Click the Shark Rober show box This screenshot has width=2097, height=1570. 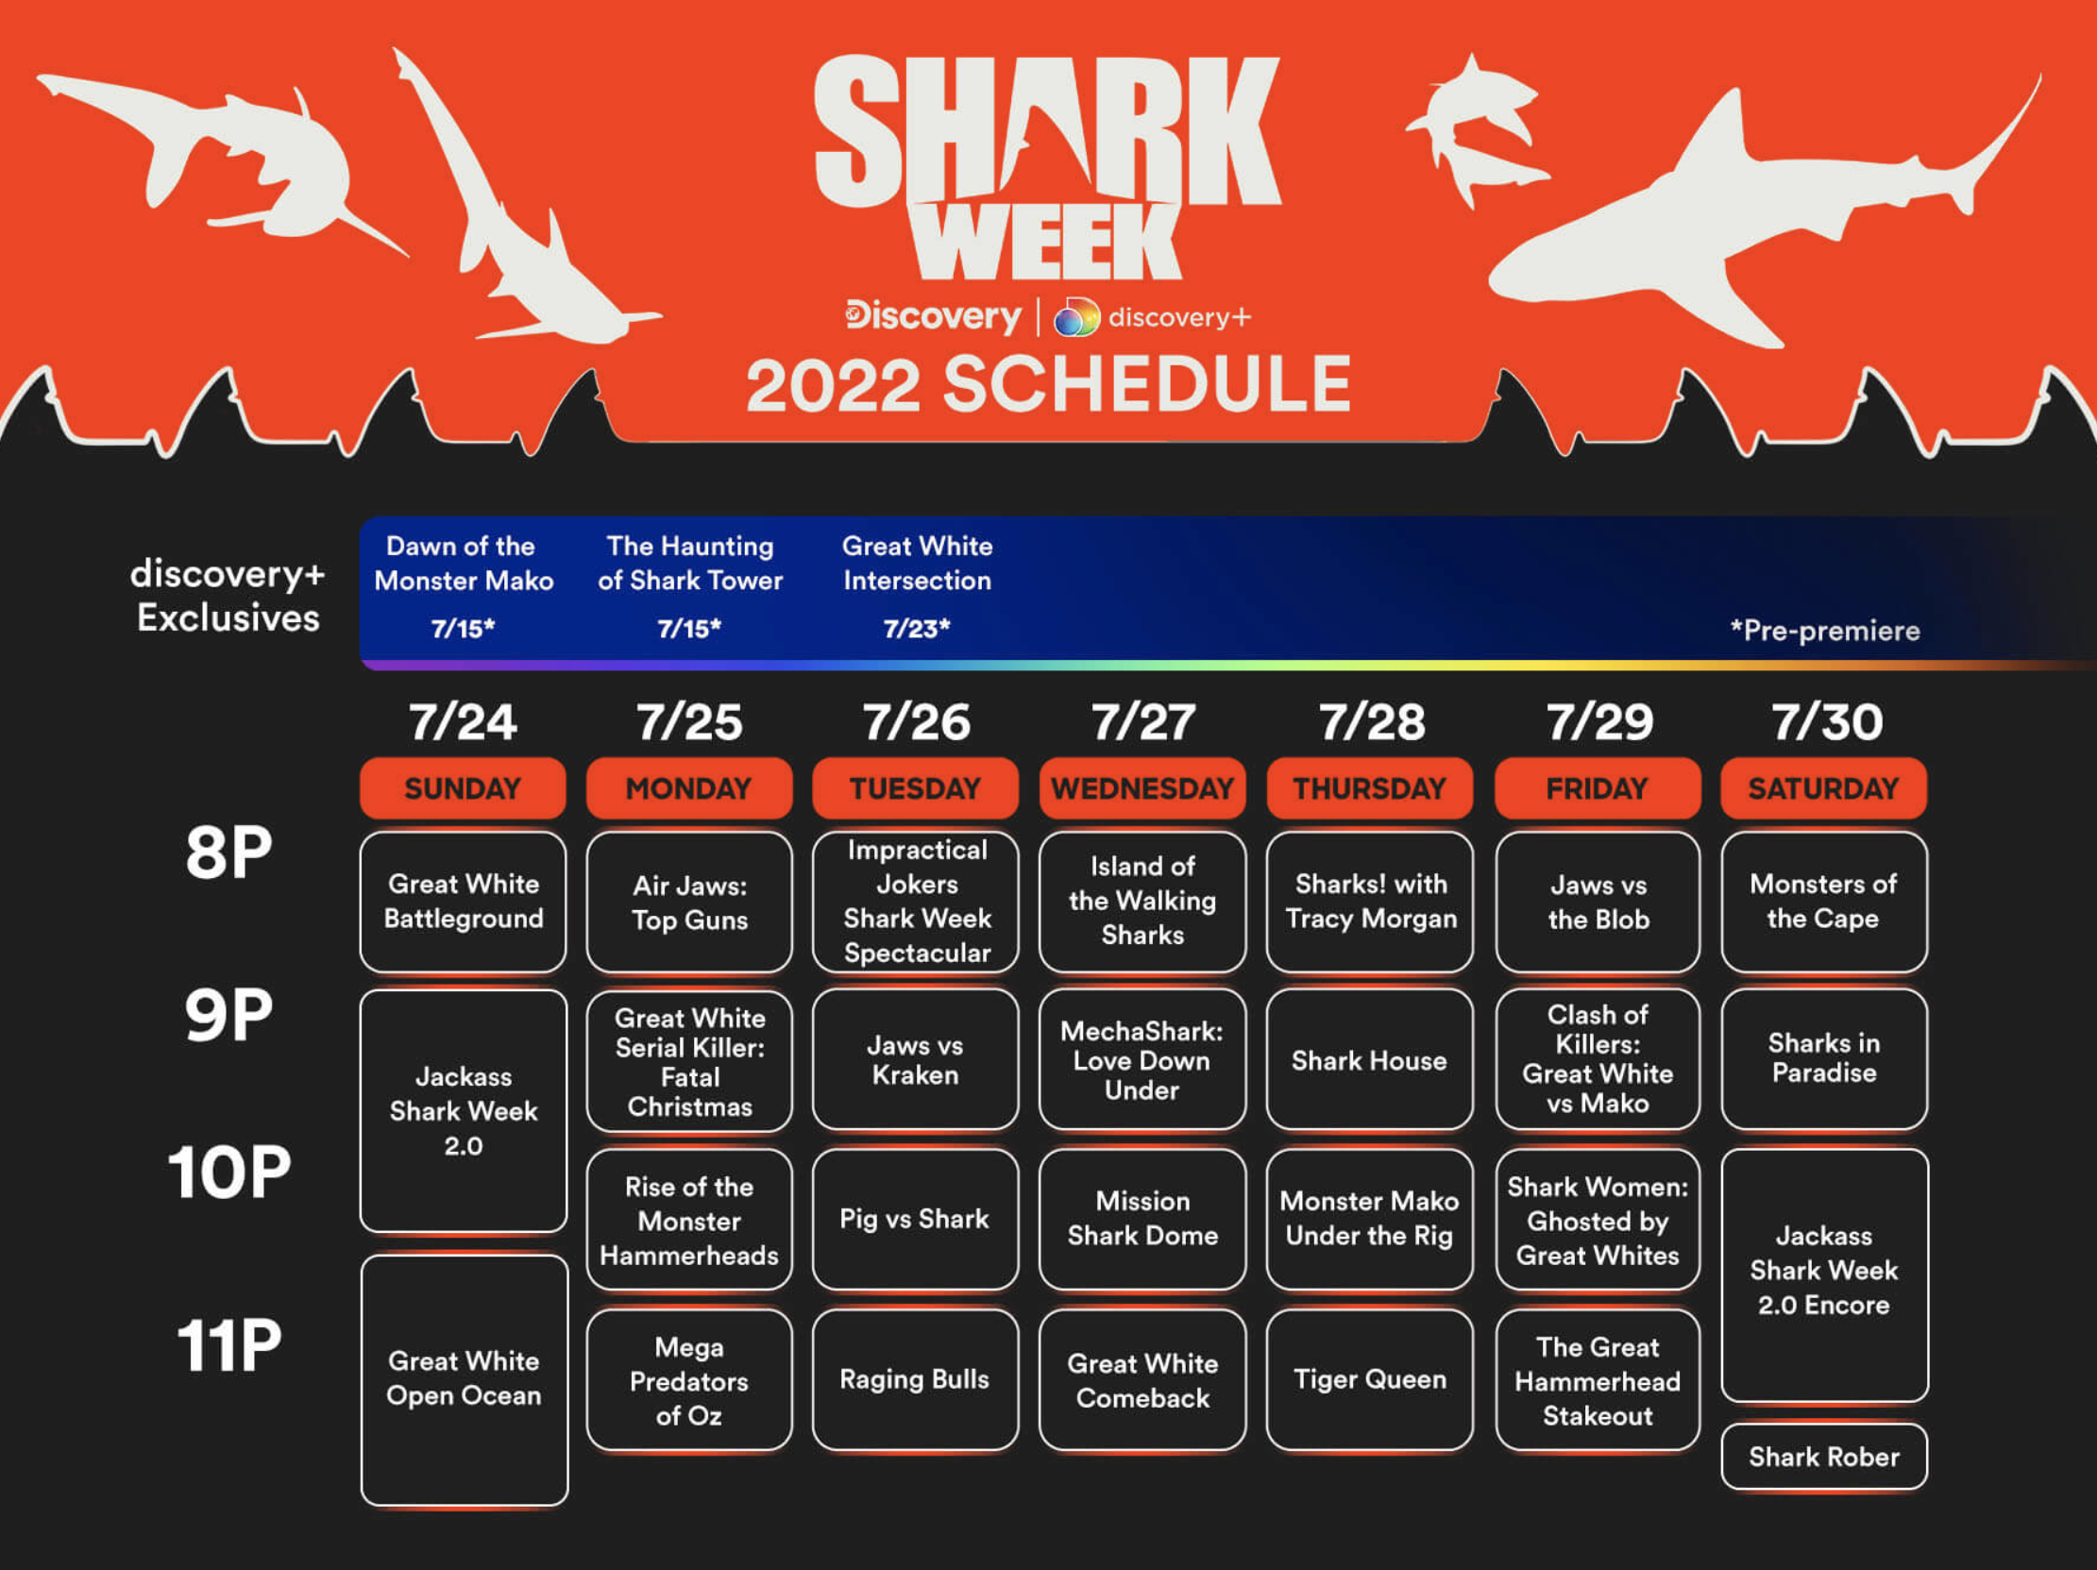pos(1824,1456)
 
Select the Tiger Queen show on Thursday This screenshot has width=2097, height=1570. pos(1370,1379)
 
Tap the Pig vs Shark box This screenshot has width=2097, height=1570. pos(915,1219)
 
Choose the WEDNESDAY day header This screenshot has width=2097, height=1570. pos(1142,788)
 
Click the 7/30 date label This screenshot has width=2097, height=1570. pos(1827,722)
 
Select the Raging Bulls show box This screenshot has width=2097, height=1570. pos(915,1379)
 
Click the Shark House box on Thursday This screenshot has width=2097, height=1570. pos(1370,1060)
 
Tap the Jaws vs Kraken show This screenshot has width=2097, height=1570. pos(915,1060)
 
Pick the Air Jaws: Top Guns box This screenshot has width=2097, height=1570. pos(689,902)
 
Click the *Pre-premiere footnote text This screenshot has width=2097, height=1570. pos(1825,631)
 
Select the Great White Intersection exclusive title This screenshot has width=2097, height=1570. pos(917,564)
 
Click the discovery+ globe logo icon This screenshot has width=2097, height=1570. pos(1077,316)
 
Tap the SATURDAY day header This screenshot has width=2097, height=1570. pos(1824,788)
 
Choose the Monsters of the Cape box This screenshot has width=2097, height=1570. pos(1824,902)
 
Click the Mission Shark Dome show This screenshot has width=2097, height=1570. pos(1142,1219)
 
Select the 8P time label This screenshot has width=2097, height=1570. pos(228,853)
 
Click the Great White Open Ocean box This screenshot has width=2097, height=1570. pos(465,1379)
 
